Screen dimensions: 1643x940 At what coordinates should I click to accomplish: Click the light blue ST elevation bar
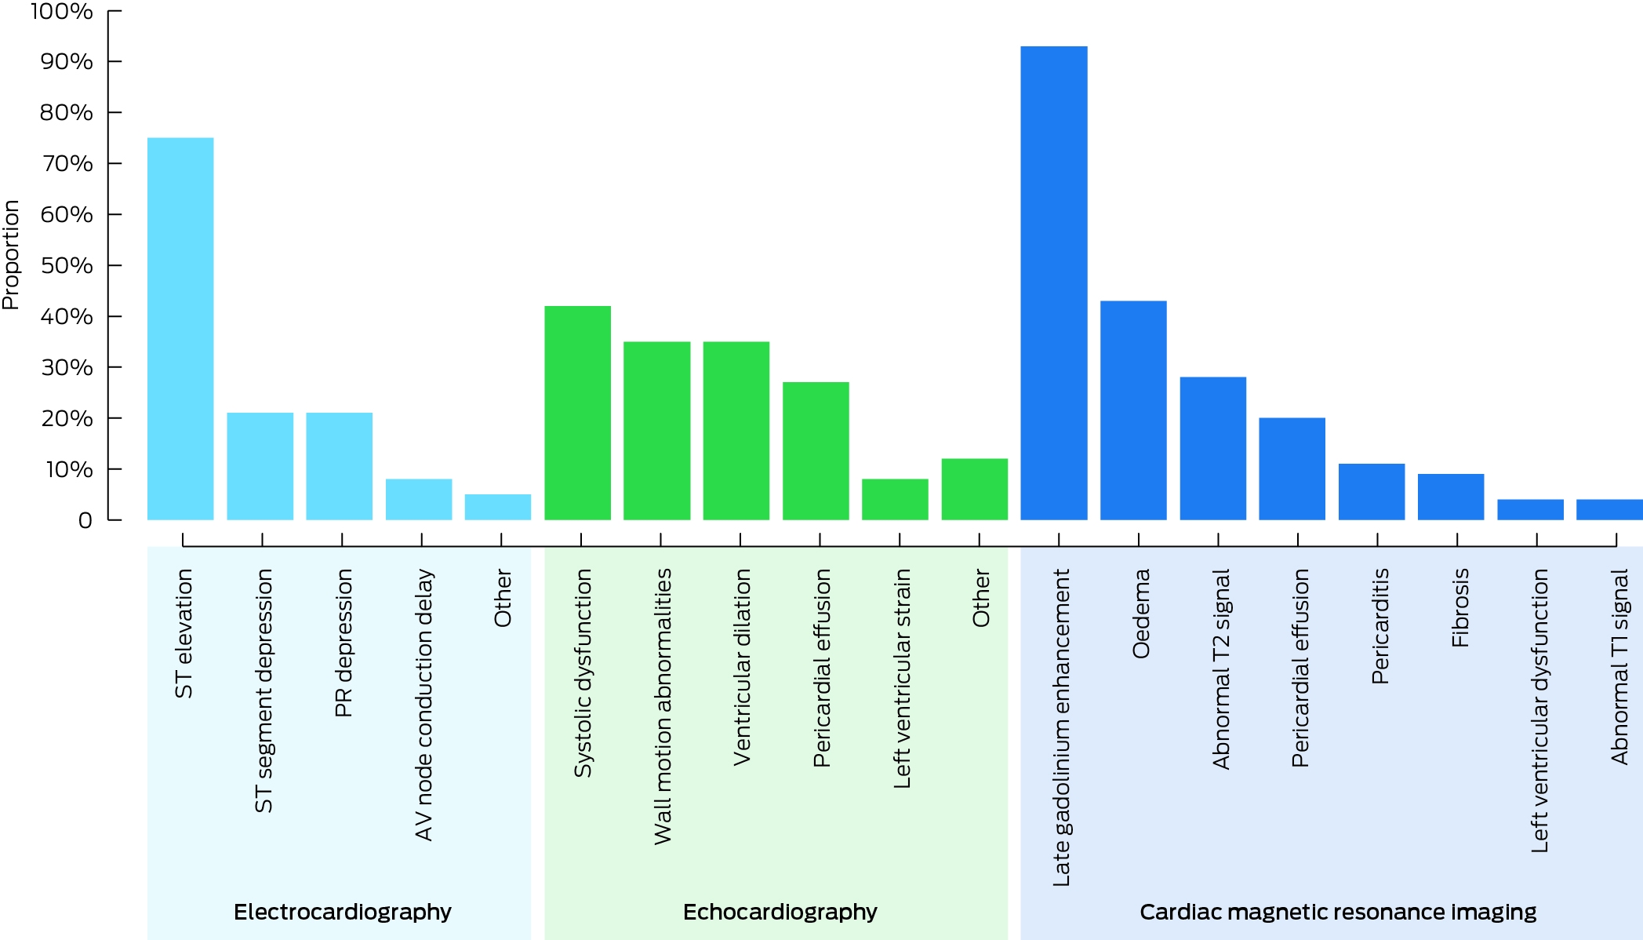[x=180, y=329]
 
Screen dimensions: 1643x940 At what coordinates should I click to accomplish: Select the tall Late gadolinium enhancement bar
[x=1054, y=283]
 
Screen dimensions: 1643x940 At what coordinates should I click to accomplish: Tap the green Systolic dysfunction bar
[x=578, y=413]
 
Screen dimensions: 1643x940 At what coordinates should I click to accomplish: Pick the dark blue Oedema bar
[x=1133, y=410]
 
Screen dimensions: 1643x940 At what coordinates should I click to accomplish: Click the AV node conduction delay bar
[x=419, y=500]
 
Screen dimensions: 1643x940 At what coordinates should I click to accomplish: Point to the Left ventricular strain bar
[x=895, y=500]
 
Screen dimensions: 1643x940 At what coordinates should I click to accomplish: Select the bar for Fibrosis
[x=1451, y=497]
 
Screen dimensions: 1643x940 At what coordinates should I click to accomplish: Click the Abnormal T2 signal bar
[x=1213, y=449]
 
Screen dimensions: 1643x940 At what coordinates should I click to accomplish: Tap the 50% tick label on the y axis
[x=67, y=265]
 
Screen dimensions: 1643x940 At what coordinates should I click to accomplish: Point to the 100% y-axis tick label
[x=62, y=11]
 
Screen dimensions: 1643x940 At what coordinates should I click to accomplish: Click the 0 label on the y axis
[x=85, y=520]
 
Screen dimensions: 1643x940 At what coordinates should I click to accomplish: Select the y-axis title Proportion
[x=11, y=255]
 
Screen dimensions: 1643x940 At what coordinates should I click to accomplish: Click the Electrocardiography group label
[x=343, y=912]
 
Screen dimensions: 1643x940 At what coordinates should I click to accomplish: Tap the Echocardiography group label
[x=780, y=912]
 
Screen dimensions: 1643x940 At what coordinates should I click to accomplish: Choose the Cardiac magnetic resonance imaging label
[x=1338, y=912]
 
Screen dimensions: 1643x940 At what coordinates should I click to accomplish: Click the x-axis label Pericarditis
[x=1379, y=626]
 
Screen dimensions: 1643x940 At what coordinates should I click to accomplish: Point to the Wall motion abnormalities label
[x=663, y=707]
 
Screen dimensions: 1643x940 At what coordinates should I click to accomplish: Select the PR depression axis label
[x=344, y=643]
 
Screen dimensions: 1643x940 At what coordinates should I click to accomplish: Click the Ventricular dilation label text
[x=742, y=668]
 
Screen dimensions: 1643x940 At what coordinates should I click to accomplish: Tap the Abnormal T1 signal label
[x=1619, y=667]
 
